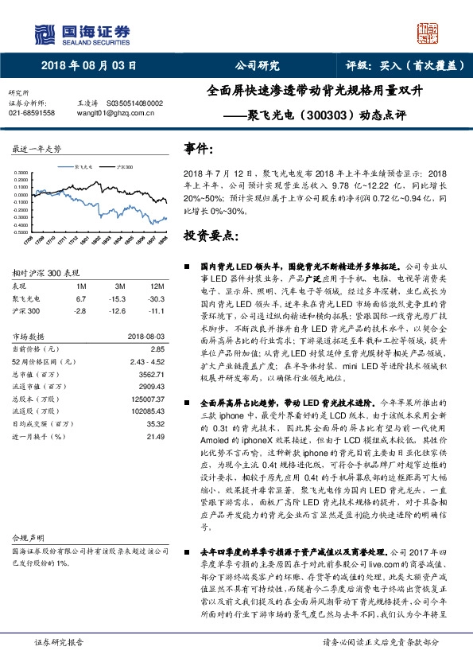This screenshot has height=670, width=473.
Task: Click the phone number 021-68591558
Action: coord(31,113)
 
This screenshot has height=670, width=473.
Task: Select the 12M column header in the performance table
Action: coord(157,286)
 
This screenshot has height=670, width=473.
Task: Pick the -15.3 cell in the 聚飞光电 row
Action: coord(120,297)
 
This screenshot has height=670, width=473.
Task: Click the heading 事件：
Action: coord(199,150)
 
